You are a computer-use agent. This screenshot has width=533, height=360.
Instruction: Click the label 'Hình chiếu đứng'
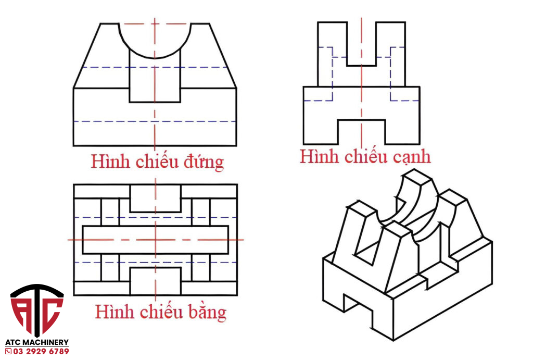tap(157, 162)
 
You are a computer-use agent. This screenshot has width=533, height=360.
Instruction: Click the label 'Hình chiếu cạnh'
tap(365, 156)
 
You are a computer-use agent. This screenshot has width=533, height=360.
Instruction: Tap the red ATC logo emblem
tap(37, 309)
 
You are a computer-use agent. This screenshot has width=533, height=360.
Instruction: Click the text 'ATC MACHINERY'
tap(37, 342)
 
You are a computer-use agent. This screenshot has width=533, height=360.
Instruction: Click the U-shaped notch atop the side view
tap(361, 47)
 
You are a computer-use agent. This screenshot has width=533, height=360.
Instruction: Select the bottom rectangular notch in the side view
tap(361, 132)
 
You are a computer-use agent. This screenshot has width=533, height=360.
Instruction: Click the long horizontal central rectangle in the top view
tap(155, 240)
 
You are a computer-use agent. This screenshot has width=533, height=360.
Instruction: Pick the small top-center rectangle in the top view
tap(155, 198)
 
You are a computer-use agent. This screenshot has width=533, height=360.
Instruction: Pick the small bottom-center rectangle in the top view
tap(155, 281)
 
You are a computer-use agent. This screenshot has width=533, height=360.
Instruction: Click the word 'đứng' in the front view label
tap(203, 162)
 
